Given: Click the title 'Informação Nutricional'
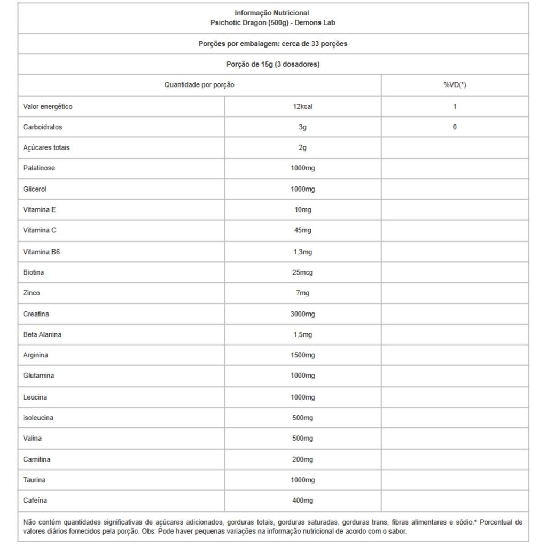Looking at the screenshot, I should coord(272,13).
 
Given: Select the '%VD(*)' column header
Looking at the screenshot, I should coord(455,85).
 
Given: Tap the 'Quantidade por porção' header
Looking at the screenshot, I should coord(199,85).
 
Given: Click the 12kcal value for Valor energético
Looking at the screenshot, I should coord(302,106).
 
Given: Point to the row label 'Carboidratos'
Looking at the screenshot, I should coord(43,127).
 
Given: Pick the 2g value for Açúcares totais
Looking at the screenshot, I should coord(302,147).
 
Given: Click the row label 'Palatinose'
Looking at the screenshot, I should coord(39,168).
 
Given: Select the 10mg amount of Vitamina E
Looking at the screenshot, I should coord(302,209).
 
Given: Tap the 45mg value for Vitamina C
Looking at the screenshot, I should coord(302,230).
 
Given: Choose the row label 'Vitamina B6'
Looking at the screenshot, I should coord(42,252).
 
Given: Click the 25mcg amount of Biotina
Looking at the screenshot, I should coord(302,272).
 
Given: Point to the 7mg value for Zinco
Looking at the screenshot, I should coord(302,293).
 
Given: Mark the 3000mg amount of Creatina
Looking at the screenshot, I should coord(302,314).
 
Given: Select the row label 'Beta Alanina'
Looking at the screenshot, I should coord(42,334).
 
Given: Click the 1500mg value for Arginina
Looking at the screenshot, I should coord(302,355).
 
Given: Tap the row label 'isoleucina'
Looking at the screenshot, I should coord(38,418).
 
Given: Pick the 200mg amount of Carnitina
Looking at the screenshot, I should coord(302,459).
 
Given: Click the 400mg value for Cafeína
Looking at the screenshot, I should coord(302,501).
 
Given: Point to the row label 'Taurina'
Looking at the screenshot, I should coord(34,480).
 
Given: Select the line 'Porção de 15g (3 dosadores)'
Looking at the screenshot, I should coord(273,64).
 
